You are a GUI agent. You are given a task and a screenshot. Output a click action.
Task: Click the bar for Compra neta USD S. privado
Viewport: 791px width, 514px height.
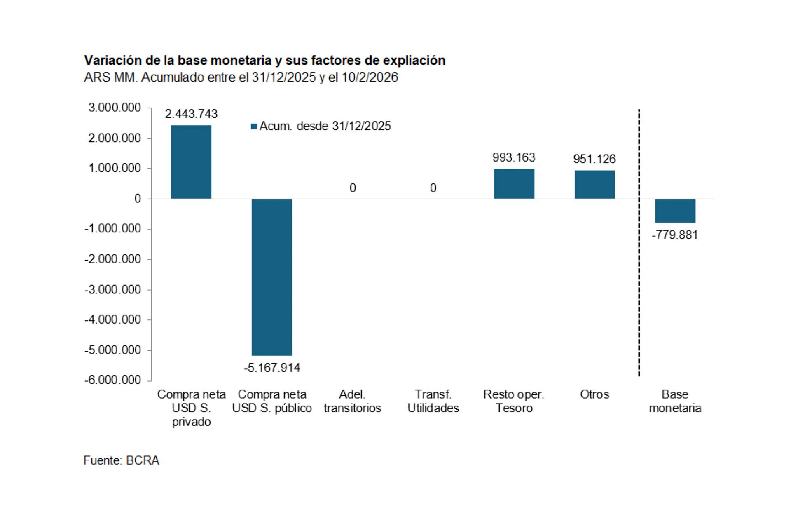pos(191,162)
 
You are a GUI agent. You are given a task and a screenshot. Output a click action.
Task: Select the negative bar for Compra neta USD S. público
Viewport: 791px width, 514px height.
pos(271,277)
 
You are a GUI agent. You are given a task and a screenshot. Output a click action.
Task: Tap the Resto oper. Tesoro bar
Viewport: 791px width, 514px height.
pos(514,184)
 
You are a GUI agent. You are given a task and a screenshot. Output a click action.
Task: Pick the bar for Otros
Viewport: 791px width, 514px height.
pos(594,185)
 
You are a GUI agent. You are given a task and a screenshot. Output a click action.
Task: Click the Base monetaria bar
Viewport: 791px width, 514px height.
pos(675,211)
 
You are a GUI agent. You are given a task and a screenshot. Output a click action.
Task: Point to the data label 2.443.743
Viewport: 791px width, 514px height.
pos(191,114)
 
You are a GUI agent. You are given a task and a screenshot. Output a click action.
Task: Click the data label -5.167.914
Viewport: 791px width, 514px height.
pos(272,368)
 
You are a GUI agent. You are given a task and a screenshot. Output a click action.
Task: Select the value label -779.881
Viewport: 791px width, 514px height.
pos(675,235)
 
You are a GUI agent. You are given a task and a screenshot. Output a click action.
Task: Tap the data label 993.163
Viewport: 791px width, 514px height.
pos(514,157)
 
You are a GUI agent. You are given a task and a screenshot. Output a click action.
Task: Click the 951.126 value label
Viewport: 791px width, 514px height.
pos(594,159)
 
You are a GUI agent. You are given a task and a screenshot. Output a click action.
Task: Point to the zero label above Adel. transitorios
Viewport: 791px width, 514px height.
pos(353,188)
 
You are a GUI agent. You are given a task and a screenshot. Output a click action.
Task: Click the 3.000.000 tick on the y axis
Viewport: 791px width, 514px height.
pos(115,108)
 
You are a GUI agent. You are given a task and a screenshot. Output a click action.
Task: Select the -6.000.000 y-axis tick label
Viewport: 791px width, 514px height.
pos(113,380)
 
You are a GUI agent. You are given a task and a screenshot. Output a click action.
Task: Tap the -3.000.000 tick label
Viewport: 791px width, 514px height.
pos(113,290)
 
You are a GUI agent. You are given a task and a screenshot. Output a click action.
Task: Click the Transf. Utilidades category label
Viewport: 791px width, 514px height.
pos(433,401)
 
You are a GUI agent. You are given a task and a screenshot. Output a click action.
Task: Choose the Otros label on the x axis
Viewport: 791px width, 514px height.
pos(594,394)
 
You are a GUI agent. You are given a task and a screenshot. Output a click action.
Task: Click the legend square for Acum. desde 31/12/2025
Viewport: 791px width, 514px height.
pos(254,127)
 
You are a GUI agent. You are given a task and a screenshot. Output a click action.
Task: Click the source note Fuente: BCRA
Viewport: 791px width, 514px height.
pos(121,460)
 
